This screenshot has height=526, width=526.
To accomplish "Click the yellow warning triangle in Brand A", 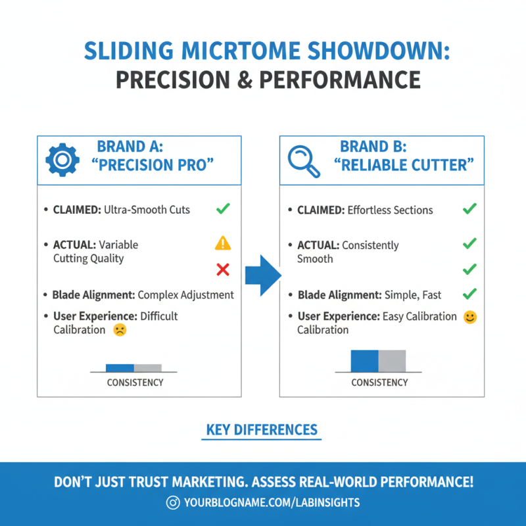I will pyautogui.click(x=223, y=243).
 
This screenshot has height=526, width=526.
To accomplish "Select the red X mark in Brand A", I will pyautogui.click(x=222, y=270).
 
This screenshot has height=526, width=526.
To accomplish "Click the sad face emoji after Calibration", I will pyautogui.click(x=120, y=330).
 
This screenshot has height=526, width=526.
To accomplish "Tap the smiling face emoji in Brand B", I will pyautogui.click(x=469, y=317).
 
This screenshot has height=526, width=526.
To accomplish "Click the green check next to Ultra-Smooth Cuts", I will pyautogui.click(x=223, y=209).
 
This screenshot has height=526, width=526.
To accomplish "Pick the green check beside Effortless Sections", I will pyautogui.click(x=469, y=209).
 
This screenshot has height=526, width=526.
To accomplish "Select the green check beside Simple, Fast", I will pyautogui.click(x=469, y=295).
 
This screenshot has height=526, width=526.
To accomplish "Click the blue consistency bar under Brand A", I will pyautogui.click(x=120, y=368).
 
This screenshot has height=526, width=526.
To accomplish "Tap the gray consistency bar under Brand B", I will pyautogui.click(x=392, y=361).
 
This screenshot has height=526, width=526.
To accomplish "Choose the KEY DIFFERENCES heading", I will pyautogui.click(x=262, y=430).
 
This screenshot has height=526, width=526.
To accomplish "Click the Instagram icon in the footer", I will pyautogui.click(x=174, y=502).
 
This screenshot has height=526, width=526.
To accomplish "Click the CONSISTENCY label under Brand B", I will pyautogui.click(x=379, y=383).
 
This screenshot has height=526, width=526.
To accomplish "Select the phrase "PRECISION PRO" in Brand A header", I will pyautogui.click(x=156, y=164).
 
